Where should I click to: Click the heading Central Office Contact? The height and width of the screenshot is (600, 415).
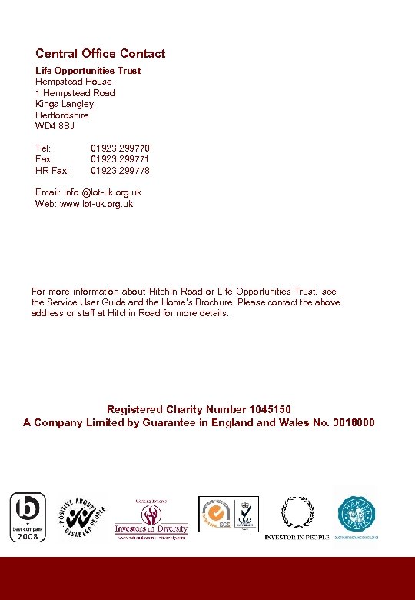point(100,54)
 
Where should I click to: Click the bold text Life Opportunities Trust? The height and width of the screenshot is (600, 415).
point(88,71)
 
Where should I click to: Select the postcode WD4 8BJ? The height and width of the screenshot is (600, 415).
point(55,126)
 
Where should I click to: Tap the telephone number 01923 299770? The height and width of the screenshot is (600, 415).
point(120,148)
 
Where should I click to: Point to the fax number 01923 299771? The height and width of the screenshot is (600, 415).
point(120,159)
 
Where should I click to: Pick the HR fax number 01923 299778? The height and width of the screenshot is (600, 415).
point(120,171)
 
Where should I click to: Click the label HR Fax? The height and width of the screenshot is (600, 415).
point(52,171)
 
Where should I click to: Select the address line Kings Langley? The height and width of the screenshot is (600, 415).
point(65,104)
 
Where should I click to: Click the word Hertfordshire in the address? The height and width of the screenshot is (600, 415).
point(62,115)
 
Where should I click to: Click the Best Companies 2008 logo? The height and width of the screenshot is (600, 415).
point(27,517)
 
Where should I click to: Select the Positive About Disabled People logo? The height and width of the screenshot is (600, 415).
point(81,517)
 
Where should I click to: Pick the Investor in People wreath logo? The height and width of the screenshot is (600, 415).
point(297,515)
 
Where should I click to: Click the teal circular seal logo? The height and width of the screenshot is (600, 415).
point(357,515)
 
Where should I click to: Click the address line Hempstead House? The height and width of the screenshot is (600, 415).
point(73,82)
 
